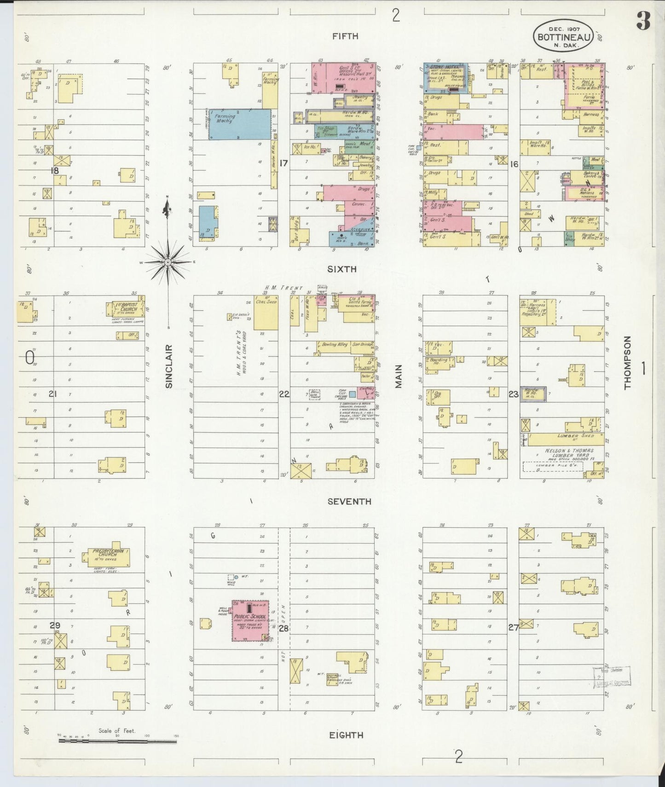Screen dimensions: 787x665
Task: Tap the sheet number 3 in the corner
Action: pyautogui.click(x=643, y=21)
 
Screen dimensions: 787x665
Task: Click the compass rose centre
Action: pyautogui.click(x=168, y=262)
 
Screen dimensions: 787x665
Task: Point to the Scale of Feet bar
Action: pyautogui.click(x=117, y=741)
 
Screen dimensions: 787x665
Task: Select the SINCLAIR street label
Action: pyautogui.click(x=168, y=366)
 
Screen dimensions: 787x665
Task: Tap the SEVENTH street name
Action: pyautogui.click(x=349, y=502)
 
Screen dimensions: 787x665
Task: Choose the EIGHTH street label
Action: pyautogui.click(x=346, y=735)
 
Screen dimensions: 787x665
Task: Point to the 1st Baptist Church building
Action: pyautogui.click(x=125, y=309)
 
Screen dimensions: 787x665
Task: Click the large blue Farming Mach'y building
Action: pyautogui.click(x=239, y=124)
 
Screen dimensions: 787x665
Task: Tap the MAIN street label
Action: pyautogui.click(x=399, y=376)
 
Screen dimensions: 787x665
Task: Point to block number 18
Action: pyautogui.click(x=55, y=170)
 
